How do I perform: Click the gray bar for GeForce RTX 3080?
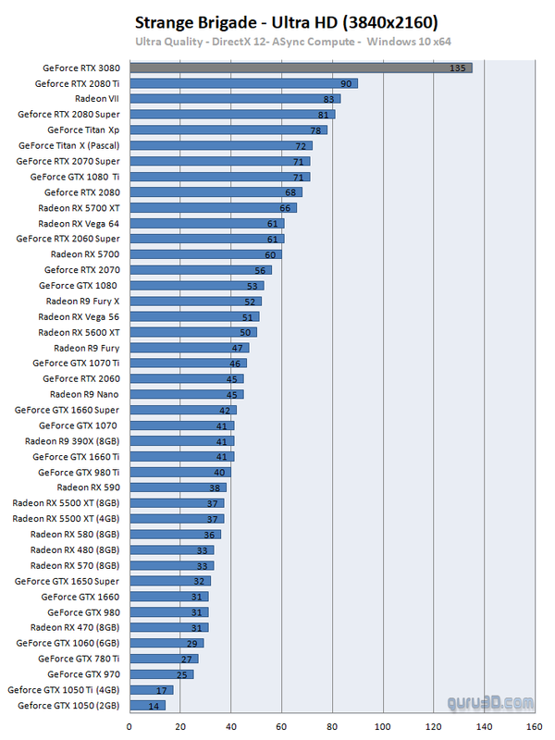301,68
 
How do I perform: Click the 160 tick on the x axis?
534,726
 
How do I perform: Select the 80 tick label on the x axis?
331,726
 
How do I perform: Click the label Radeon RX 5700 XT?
79,208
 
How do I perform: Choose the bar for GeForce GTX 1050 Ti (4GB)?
151,690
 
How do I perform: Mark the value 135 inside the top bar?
456,68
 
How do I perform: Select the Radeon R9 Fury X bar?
195,302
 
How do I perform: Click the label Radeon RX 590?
88,487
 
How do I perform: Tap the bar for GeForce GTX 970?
161,674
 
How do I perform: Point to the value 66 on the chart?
286,208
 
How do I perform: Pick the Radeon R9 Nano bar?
186,394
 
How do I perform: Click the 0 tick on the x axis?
129,726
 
